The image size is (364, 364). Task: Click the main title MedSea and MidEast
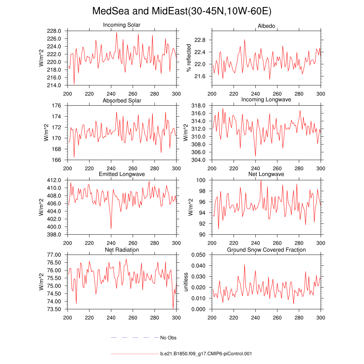click(182, 11)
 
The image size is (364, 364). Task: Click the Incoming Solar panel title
click(122, 25)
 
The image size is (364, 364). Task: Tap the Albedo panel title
click(266, 26)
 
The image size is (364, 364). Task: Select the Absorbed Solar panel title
click(122, 101)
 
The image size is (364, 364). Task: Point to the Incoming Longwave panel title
click(266, 100)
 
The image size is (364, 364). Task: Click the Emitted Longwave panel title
click(122, 175)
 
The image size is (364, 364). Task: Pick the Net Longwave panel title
click(266, 174)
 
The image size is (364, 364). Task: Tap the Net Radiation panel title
click(122, 250)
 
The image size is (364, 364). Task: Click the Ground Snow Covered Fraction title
click(266, 250)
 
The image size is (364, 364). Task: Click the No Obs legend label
click(168, 338)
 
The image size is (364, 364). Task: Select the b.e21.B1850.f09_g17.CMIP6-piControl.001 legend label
click(206, 354)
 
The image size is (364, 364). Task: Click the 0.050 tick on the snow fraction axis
click(198, 255)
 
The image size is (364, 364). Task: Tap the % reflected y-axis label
click(189, 58)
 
